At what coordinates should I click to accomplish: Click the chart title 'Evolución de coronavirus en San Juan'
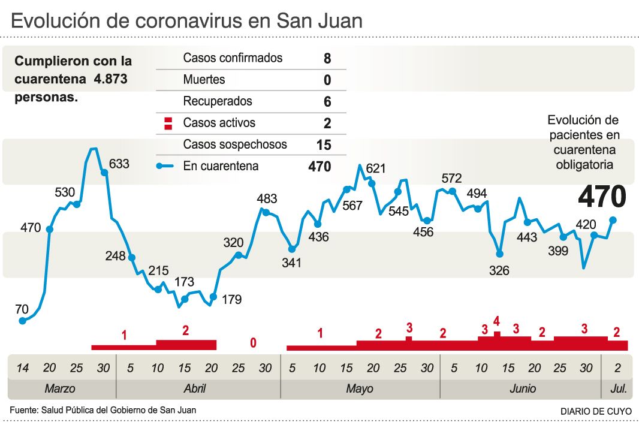click(187, 21)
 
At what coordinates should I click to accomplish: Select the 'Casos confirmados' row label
click(233, 58)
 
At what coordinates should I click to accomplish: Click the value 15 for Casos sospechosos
click(323, 144)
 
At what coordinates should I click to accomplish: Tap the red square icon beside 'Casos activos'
click(168, 123)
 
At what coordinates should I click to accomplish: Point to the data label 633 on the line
click(119, 163)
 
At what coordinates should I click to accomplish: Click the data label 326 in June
click(499, 271)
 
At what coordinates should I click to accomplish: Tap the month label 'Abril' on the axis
click(195, 388)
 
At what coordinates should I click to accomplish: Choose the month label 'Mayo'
click(359, 388)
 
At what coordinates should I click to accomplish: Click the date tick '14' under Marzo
click(22, 367)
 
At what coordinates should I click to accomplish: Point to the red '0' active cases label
click(253, 343)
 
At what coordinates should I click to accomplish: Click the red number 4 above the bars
click(496, 321)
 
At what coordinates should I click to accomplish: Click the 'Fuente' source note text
click(103, 410)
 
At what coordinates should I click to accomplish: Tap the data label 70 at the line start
click(22, 309)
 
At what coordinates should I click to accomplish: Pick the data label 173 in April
click(185, 281)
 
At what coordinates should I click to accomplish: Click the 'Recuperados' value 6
click(327, 102)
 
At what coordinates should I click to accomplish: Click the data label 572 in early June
click(451, 178)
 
